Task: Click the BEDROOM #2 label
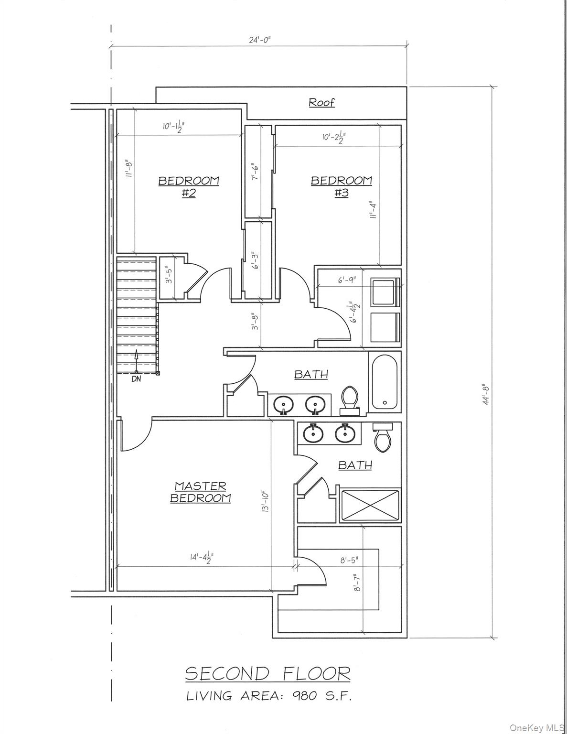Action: point(189,186)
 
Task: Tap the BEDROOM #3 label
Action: point(341,186)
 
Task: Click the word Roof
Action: point(321,102)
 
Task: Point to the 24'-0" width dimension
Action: point(260,40)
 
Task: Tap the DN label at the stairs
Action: point(136,379)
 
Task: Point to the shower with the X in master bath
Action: point(370,505)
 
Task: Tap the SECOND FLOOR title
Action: point(267,674)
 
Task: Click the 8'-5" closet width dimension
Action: point(349,561)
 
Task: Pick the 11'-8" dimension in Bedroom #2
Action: point(128,169)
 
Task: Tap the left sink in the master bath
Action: point(313,432)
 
